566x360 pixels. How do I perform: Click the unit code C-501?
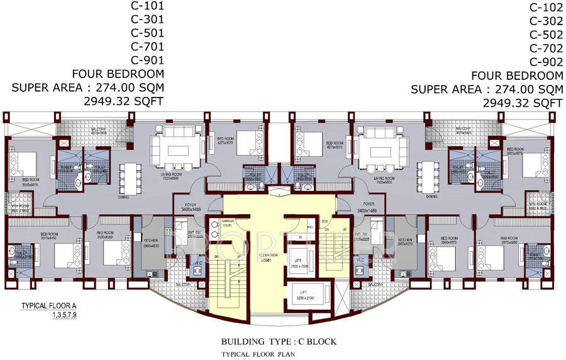click(x=147, y=33)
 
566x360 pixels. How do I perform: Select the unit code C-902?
click(x=546, y=62)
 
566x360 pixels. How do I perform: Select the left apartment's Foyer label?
click(x=189, y=206)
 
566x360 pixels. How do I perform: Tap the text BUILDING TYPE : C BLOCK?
click(x=279, y=342)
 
